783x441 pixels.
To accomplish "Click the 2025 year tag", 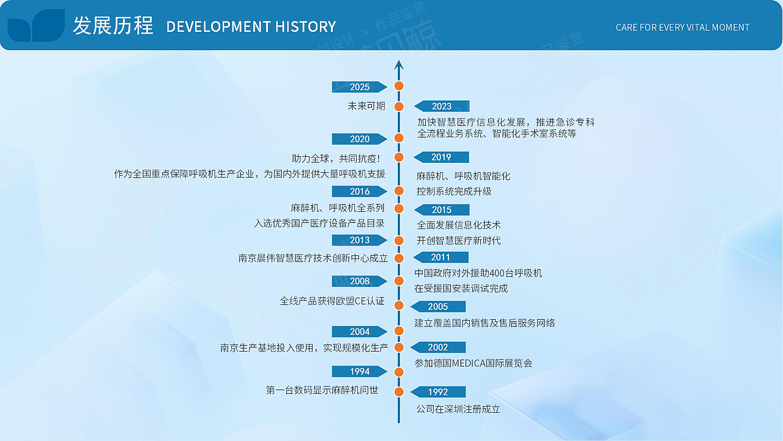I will tap(359, 87).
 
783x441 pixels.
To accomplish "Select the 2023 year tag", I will tap(442, 107).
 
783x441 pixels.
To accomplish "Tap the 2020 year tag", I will tap(359, 139).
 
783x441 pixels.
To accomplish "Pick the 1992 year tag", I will tap(438, 392).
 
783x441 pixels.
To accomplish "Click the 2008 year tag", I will tap(359, 281).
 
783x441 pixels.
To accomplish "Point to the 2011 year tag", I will tap(440, 257).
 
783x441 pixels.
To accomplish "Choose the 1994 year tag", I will tap(359, 372).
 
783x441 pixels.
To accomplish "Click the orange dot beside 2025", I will tap(399, 86).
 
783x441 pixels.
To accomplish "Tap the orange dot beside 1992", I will tap(399, 392).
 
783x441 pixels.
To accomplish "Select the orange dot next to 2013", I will tap(399, 240).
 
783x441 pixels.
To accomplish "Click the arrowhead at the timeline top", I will tap(399, 64).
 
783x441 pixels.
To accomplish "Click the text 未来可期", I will tap(366, 106).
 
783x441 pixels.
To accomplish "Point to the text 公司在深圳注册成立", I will tap(458, 409).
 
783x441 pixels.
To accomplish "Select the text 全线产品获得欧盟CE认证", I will tap(332, 301).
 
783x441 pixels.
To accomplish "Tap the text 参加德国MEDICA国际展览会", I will tap(473, 363).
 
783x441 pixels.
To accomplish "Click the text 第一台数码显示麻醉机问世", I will tap(322, 390).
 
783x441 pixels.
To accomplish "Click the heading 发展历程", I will tap(113, 26).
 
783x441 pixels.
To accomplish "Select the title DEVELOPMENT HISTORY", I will tap(251, 27).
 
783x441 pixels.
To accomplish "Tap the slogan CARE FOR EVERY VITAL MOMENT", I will tap(682, 28).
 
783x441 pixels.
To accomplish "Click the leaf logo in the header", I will tap(36, 26).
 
